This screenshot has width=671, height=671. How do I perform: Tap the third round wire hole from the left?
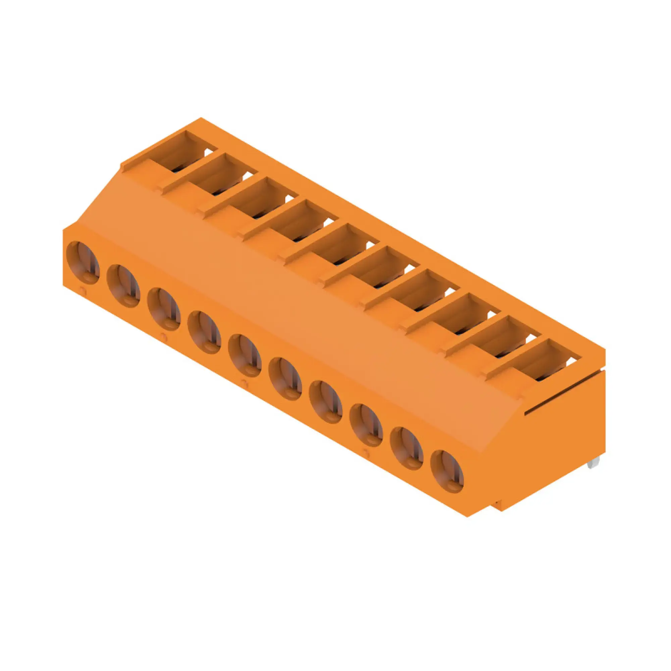click(x=164, y=309)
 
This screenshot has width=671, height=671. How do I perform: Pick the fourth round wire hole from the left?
click(x=204, y=332)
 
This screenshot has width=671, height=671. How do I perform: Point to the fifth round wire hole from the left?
click(x=245, y=355)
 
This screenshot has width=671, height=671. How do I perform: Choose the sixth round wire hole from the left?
click(x=285, y=378)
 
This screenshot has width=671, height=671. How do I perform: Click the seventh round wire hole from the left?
click(x=325, y=402)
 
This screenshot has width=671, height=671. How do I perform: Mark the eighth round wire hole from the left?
click(x=366, y=425)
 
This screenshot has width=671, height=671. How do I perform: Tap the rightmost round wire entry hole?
click(x=447, y=471)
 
